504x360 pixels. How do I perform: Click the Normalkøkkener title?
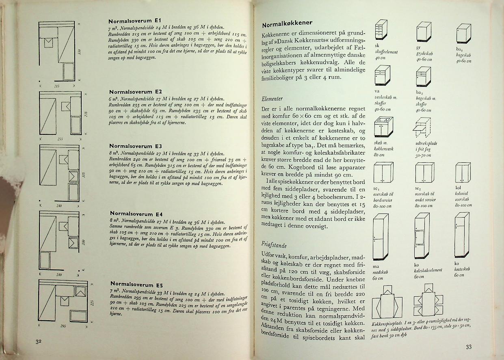(x=287, y=23)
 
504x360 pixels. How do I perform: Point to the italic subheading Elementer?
(x=272, y=99)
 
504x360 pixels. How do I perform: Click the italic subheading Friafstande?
(x=274, y=245)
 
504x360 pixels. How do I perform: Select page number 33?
(x=469, y=347)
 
